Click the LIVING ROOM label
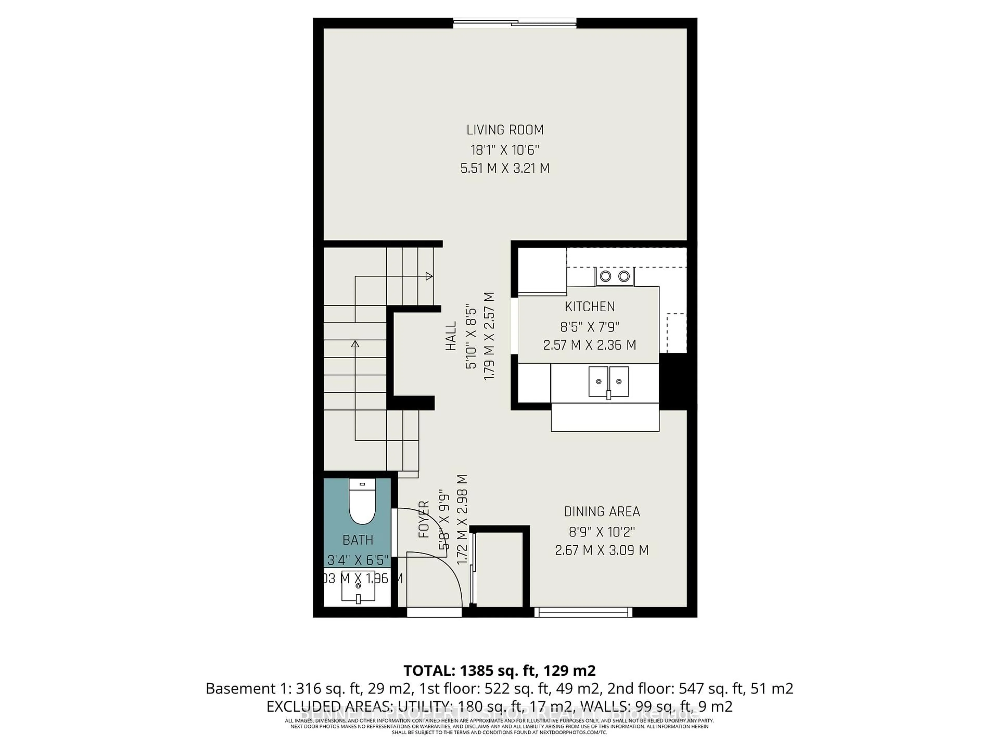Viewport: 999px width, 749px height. (505, 130)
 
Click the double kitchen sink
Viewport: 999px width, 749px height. (608, 382)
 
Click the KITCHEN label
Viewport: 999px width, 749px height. (589, 307)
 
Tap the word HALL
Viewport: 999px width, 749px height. (451, 336)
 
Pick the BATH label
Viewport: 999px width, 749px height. (358, 540)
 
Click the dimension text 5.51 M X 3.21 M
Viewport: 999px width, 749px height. (505, 169)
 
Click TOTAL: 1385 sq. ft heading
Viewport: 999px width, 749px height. (499, 670)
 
